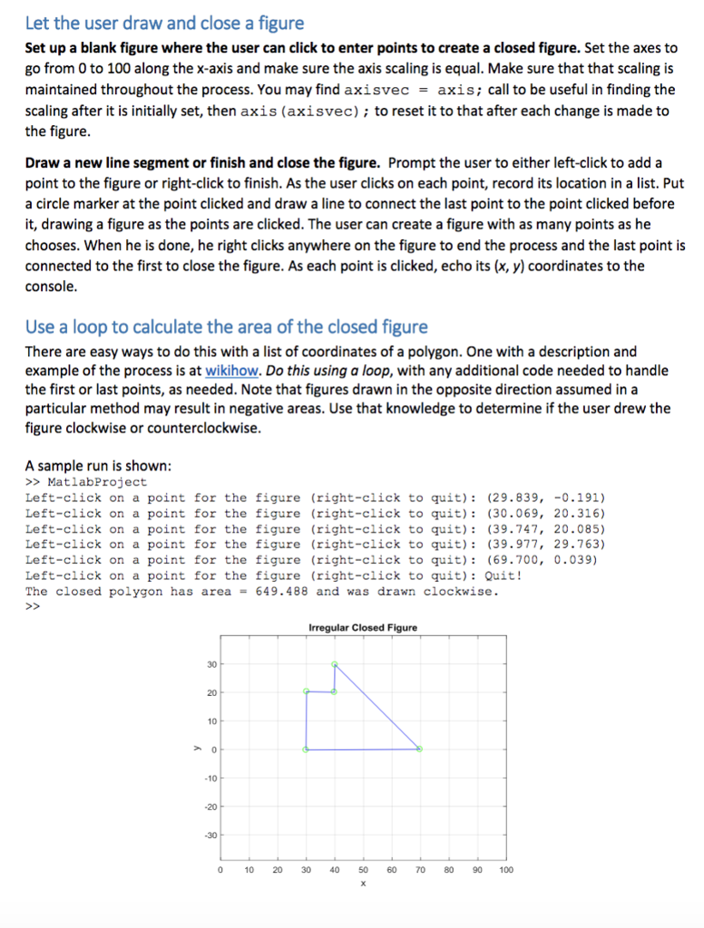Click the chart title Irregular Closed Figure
[363, 628]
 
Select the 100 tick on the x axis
[506, 870]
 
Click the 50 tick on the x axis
[363, 870]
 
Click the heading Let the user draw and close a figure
[164, 23]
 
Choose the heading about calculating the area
[226, 326]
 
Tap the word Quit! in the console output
[504, 575]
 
